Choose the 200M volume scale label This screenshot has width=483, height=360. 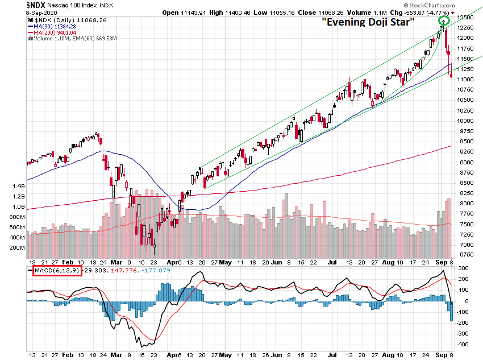[x=16, y=249]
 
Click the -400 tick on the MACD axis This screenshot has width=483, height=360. [x=463, y=345]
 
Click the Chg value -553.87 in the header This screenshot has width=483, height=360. [x=415, y=12]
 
